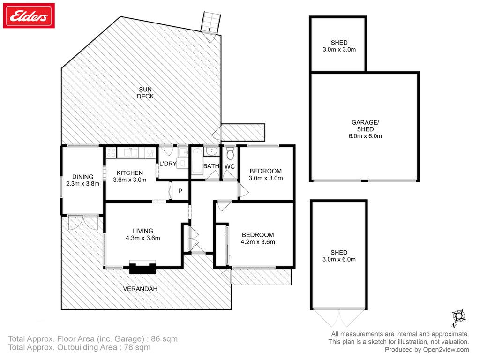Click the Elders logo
coord(29,15)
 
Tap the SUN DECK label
coord(145,93)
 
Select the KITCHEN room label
coord(130,173)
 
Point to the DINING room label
coord(82,177)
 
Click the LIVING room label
coord(143,231)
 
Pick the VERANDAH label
coord(140,289)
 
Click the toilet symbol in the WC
coord(230,153)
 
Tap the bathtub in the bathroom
coord(197,161)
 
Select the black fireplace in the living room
coord(142,268)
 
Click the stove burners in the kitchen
coord(111,152)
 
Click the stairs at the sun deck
coord(210,22)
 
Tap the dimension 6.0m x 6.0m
coord(365,136)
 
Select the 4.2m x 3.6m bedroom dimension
coord(258,242)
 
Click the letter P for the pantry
coord(180,191)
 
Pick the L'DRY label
coord(168,164)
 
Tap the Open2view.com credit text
coord(446,350)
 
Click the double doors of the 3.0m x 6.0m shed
coord(339,317)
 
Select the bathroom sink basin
coord(211,151)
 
